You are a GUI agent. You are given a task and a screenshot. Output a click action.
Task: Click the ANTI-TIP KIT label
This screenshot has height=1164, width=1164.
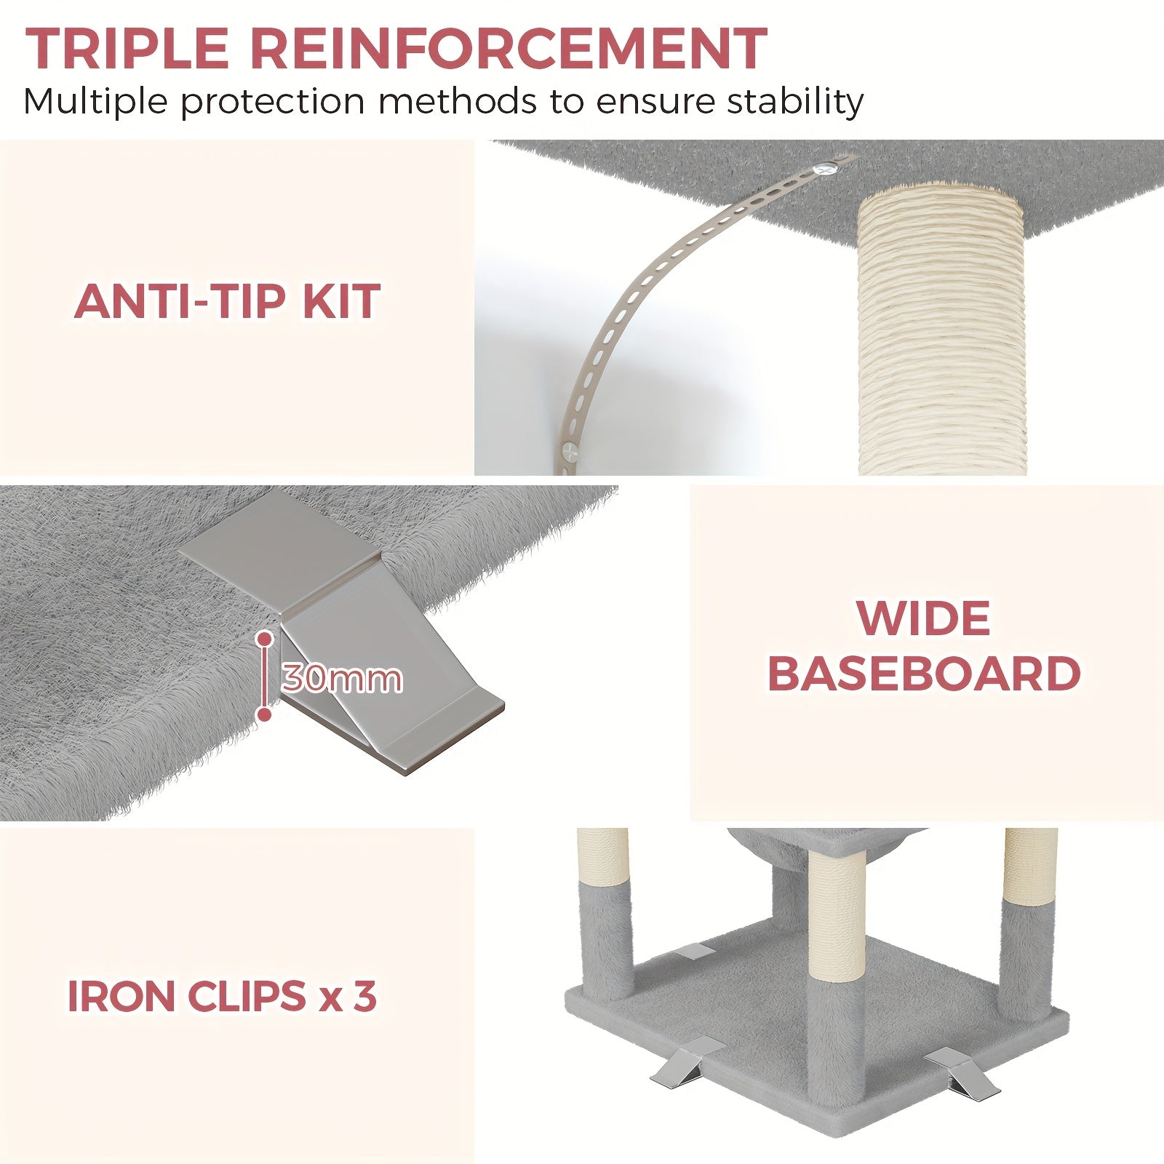point(227,300)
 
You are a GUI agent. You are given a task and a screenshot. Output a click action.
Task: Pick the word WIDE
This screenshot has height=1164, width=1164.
point(923,618)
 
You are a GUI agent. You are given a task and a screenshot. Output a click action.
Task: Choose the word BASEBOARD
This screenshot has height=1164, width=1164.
point(924,674)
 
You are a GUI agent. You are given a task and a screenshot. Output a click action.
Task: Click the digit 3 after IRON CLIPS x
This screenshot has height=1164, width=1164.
point(364,996)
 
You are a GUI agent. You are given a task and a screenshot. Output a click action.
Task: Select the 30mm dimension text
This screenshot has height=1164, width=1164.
point(341,679)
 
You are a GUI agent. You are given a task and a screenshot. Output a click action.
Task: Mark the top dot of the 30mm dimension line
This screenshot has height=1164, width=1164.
point(265,639)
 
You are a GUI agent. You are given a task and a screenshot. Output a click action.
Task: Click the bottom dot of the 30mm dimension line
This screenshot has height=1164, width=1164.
point(265,714)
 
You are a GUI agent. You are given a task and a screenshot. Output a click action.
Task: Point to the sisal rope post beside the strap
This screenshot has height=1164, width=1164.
point(941,331)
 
